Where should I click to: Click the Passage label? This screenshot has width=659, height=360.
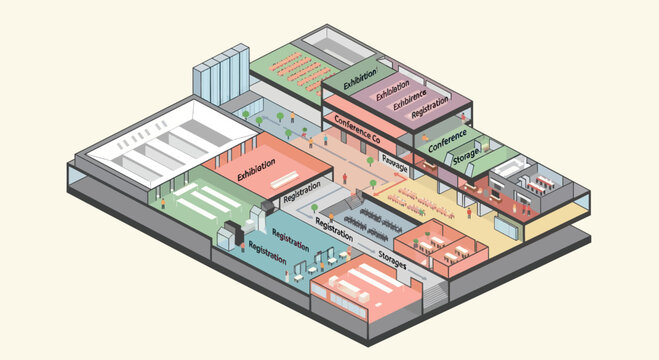(x=394, y=166)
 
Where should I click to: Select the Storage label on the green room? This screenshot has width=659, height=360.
(x=465, y=159)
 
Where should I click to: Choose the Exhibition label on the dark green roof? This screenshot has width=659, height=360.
(x=360, y=78)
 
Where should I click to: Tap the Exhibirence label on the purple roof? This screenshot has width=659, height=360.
(x=408, y=101)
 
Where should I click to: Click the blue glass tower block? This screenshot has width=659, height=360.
(x=219, y=75)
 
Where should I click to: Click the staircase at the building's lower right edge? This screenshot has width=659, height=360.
(x=434, y=295)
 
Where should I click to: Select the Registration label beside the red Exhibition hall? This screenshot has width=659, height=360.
(x=302, y=190)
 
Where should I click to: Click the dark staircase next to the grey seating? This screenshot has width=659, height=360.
(x=341, y=204)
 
